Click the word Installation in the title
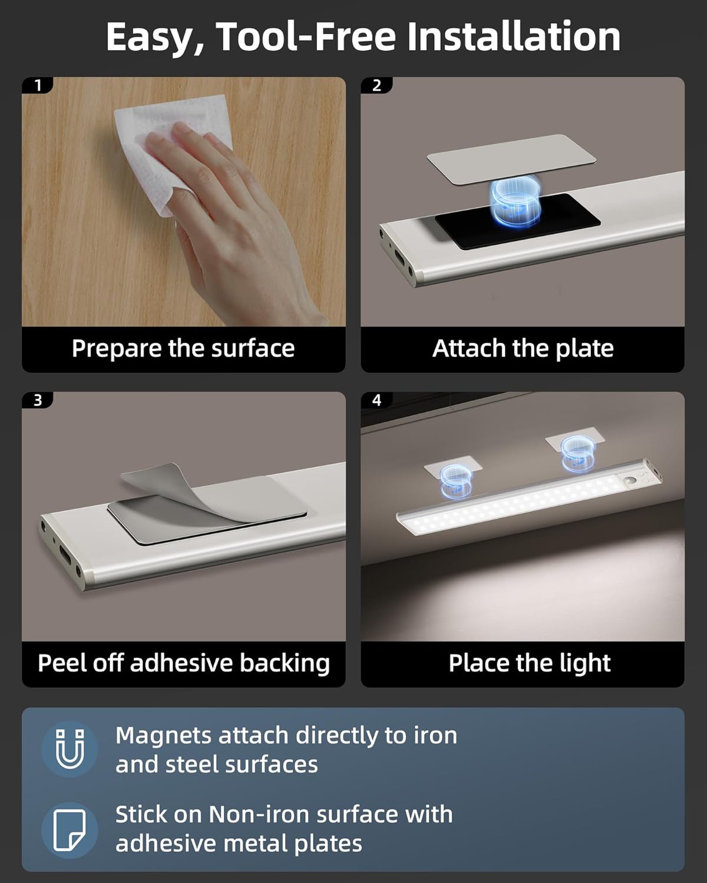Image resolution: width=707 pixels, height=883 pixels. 513,36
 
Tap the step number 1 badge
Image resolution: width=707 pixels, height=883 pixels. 38,86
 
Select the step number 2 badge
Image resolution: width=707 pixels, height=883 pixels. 376,86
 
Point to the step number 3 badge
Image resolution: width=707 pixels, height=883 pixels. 38,400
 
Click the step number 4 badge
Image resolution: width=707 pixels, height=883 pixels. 376,400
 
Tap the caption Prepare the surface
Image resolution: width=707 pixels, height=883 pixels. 183,348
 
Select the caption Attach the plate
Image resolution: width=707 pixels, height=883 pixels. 523,348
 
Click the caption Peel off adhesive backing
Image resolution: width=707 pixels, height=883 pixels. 183,663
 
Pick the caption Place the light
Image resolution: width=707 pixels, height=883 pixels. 529,663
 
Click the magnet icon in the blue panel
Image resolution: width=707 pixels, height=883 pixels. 70,749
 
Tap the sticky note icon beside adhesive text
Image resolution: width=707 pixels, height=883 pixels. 70,829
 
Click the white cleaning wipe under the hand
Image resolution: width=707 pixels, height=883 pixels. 177,141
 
